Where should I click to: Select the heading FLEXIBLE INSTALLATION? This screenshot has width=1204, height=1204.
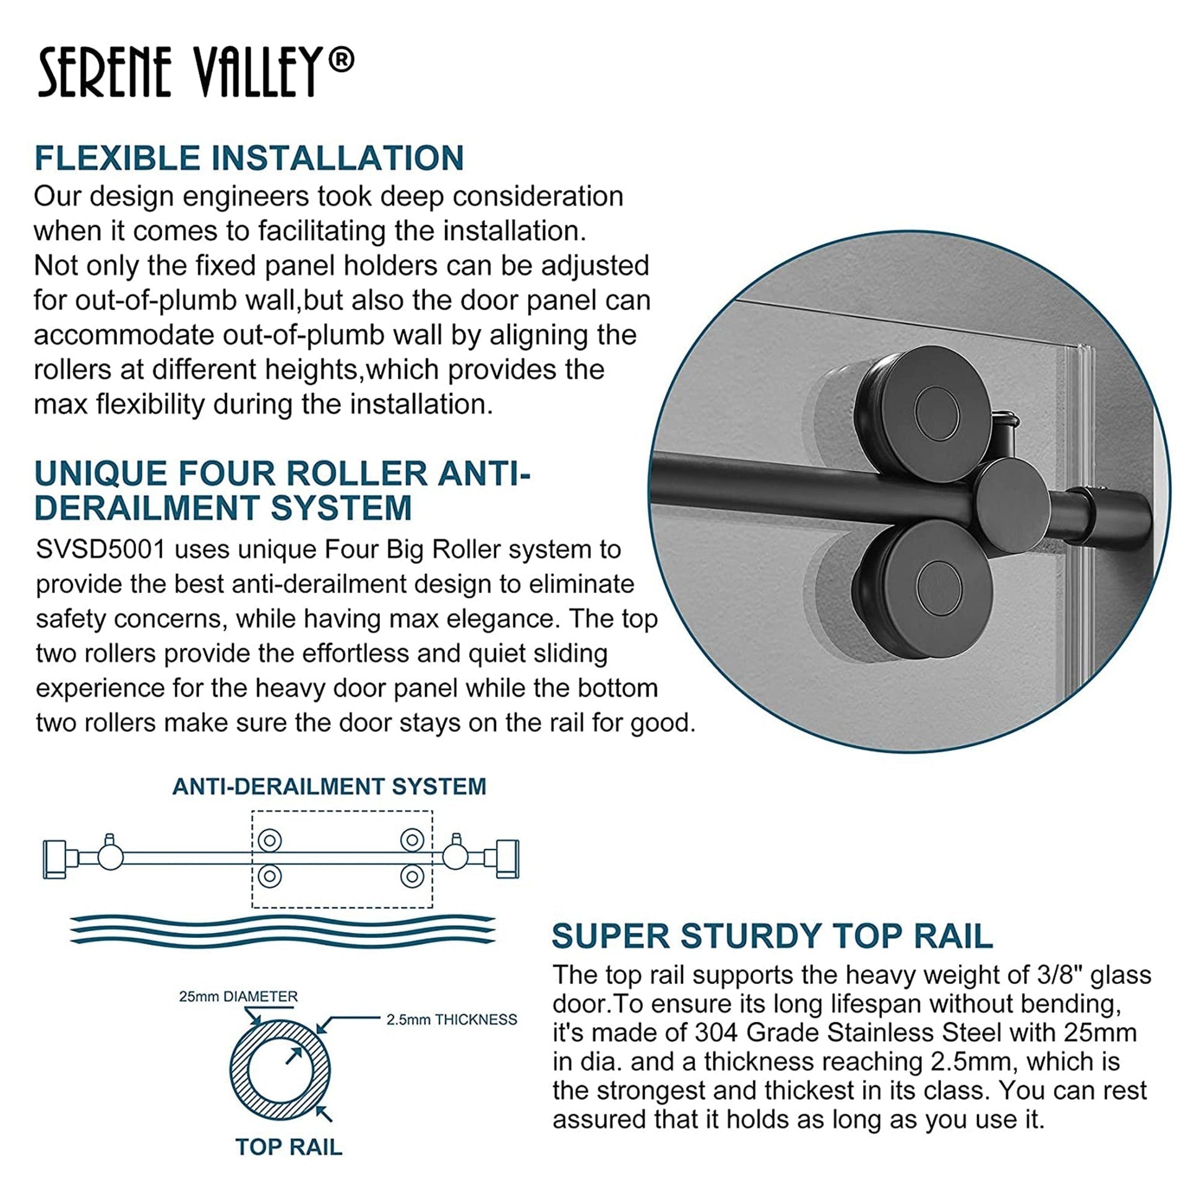click(249, 158)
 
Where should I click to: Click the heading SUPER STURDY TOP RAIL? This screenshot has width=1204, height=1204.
click(772, 936)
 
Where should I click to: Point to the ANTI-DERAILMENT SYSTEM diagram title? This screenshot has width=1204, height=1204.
click(329, 786)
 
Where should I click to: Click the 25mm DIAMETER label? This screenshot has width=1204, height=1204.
click(238, 997)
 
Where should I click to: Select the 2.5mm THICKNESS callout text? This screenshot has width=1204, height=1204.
click(451, 1020)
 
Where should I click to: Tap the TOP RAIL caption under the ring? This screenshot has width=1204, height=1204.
click(288, 1146)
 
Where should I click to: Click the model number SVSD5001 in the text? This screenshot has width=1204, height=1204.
click(100, 549)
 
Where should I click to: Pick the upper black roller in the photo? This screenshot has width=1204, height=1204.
click(926, 413)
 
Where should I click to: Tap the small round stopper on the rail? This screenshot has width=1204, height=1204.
click(1009, 504)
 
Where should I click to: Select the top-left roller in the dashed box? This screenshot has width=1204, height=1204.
click(270, 840)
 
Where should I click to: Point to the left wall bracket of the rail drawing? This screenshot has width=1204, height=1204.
click(56, 859)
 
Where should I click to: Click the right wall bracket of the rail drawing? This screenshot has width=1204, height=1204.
click(507, 859)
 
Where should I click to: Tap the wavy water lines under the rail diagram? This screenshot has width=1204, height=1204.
click(282, 930)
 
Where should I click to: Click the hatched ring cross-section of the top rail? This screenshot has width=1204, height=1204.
click(280, 1070)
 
